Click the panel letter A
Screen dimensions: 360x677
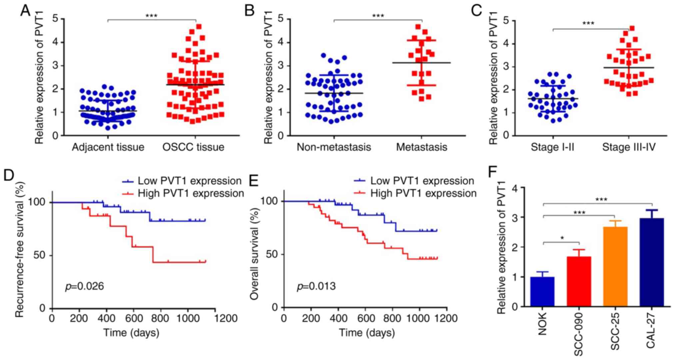click(x=25, y=11)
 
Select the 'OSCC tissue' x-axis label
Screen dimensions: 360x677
click(x=193, y=147)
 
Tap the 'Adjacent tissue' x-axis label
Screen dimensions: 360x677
click(x=108, y=147)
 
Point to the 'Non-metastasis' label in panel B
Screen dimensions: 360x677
click(x=334, y=147)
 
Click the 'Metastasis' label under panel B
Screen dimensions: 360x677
click(x=421, y=147)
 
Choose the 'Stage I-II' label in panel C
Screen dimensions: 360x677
click(x=552, y=147)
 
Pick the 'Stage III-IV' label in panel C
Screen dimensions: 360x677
click(x=629, y=147)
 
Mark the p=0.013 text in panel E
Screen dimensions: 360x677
click(x=316, y=286)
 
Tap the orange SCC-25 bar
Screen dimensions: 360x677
click(x=615, y=267)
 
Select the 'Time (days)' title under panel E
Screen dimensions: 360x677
click(x=367, y=333)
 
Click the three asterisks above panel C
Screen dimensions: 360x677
click(x=588, y=23)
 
